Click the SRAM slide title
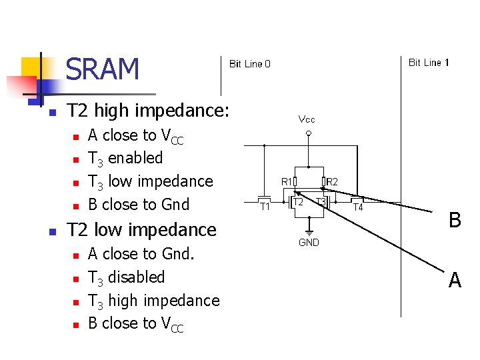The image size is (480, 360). click(103, 69)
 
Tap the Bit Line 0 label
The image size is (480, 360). click(250, 64)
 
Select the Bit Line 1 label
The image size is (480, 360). click(429, 63)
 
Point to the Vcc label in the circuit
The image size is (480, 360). click(307, 119)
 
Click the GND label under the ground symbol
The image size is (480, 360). click(309, 243)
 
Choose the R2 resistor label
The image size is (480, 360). click(332, 181)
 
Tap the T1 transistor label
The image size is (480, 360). click(265, 207)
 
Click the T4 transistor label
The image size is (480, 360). click(358, 207)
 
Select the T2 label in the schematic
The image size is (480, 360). click(299, 201)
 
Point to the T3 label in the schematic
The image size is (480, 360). click(321, 201)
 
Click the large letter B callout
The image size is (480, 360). click(455, 220)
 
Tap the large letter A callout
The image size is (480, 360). click(455, 281)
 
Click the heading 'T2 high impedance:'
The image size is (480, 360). click(148, 111)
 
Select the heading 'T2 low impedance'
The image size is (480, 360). click(142, 230)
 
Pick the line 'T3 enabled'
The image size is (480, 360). click(125, 158)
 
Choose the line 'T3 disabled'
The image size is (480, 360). click(126, 277)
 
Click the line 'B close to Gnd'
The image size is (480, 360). click(139, 204)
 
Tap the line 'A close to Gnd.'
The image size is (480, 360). click(141, 253)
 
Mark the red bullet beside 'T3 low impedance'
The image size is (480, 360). click(75, 182)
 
